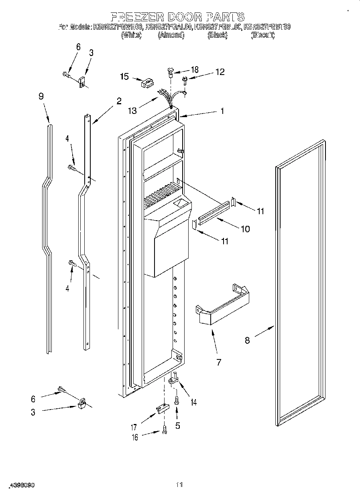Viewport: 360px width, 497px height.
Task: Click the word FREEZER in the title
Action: tap(136, 16)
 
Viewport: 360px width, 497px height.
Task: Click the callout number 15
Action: tap(124, 76)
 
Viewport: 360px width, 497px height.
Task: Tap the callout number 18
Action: tap(194, 70)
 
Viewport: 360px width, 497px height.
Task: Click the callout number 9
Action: tap(41, 96)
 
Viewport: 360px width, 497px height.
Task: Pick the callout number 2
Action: tap(119, 101)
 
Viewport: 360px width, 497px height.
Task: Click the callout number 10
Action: tap(245, 229)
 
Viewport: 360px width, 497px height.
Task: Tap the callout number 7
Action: tap(219, 363)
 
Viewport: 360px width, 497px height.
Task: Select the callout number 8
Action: tap(247, 340)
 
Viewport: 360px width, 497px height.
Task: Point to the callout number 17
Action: tap(134, 428)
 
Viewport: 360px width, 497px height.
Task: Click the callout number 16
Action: tap(135, 438)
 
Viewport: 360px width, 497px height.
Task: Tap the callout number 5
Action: tap(177, 426)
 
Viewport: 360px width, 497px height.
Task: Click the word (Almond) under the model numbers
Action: tap(171, 35)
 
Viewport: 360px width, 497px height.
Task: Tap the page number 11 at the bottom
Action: tap(179, 485)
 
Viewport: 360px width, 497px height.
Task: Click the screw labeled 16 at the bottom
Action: tap(164, 430)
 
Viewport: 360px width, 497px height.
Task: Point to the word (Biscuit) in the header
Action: tap(262, 35)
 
